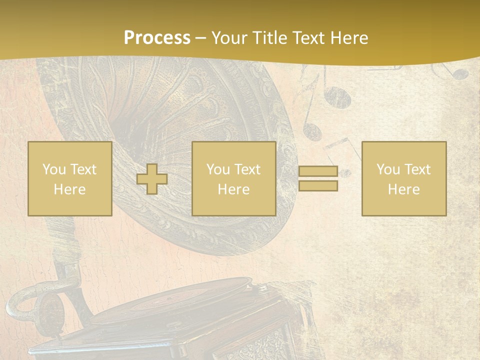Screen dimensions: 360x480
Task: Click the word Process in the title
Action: click(157, 38)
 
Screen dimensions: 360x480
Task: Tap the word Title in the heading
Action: click(269, 38)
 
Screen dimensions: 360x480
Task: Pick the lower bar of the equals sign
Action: click(318, 186)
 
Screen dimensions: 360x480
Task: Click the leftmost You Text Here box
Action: click(70, 179)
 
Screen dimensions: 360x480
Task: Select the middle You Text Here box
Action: click(233, 179)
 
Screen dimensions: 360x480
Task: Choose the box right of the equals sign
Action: click(404, 179)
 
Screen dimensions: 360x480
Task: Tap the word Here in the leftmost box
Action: click(70, 189)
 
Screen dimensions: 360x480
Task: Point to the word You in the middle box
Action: click(218, 169)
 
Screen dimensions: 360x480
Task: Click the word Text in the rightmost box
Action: click(417, 169)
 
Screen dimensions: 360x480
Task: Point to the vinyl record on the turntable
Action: click(200, 297)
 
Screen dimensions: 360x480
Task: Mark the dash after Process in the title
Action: click(200, 38)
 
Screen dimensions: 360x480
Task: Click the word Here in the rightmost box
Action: click(404, 189)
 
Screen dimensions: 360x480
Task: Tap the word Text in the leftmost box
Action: click(83, 169)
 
